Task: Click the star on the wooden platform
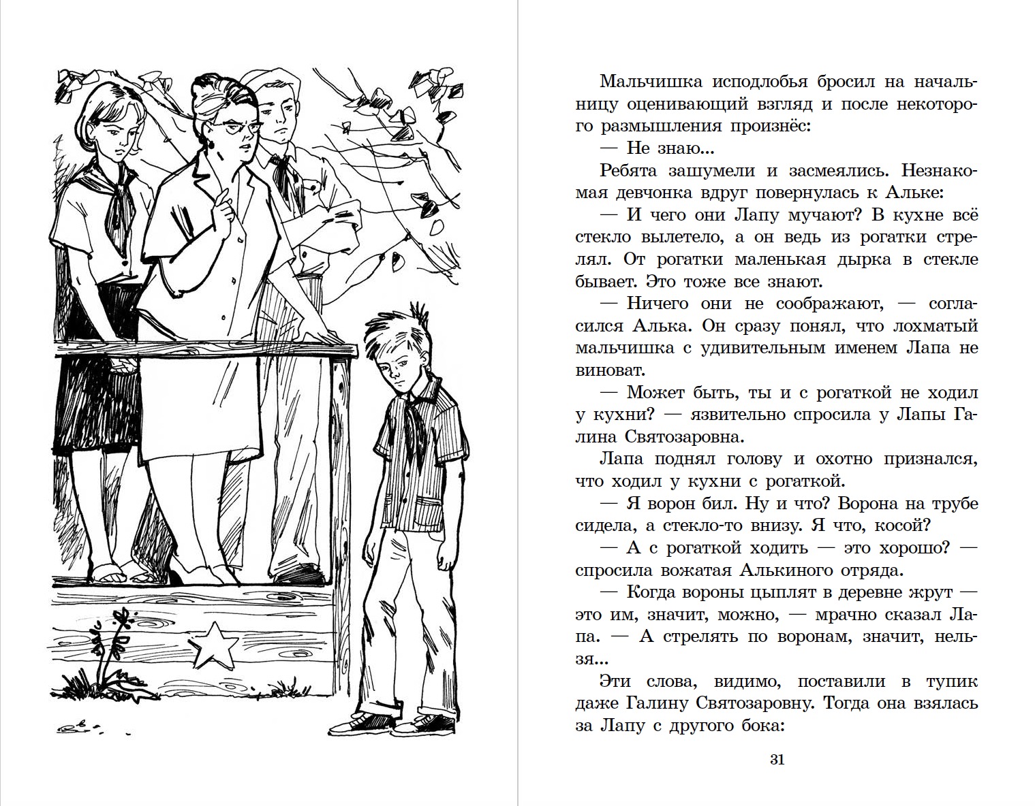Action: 213,643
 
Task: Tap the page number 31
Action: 777,760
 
